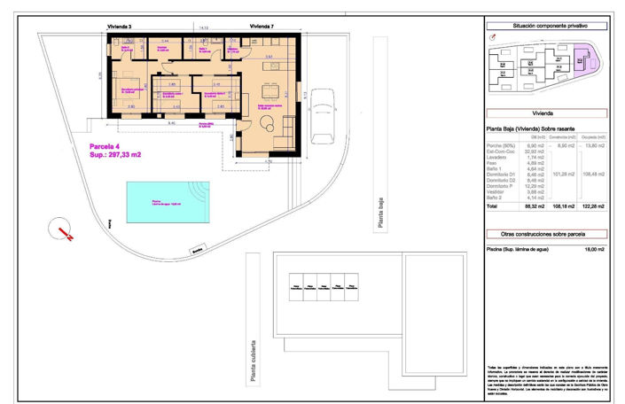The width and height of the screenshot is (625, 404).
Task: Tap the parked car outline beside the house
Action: tap(322, 115)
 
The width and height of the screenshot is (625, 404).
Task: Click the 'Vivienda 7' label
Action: tap(262, 27)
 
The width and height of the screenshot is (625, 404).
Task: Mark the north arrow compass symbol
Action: tap(59, 228)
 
